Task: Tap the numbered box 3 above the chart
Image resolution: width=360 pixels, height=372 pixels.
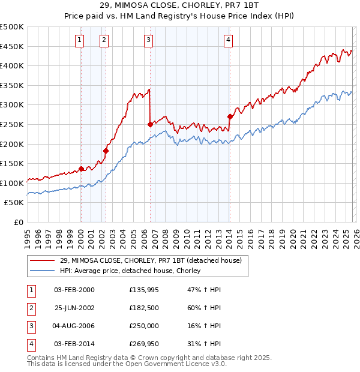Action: tap(148, 40)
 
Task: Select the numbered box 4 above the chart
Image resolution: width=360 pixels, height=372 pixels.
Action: tap(229, 40)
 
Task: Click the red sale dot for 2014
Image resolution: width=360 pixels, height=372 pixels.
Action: tap(230, 116)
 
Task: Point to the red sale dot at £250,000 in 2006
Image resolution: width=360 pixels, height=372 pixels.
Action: tap(149, 124)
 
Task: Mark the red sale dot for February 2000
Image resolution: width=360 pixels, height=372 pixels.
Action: tap(81, 169)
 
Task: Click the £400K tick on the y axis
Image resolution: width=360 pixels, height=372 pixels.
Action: tap(12, 66)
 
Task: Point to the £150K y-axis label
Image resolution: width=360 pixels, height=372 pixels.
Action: tap(12, 163)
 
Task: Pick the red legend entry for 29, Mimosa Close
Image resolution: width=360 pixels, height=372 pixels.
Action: tap(150, 260)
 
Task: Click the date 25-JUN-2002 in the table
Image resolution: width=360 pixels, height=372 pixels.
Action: tap(74, 308)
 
